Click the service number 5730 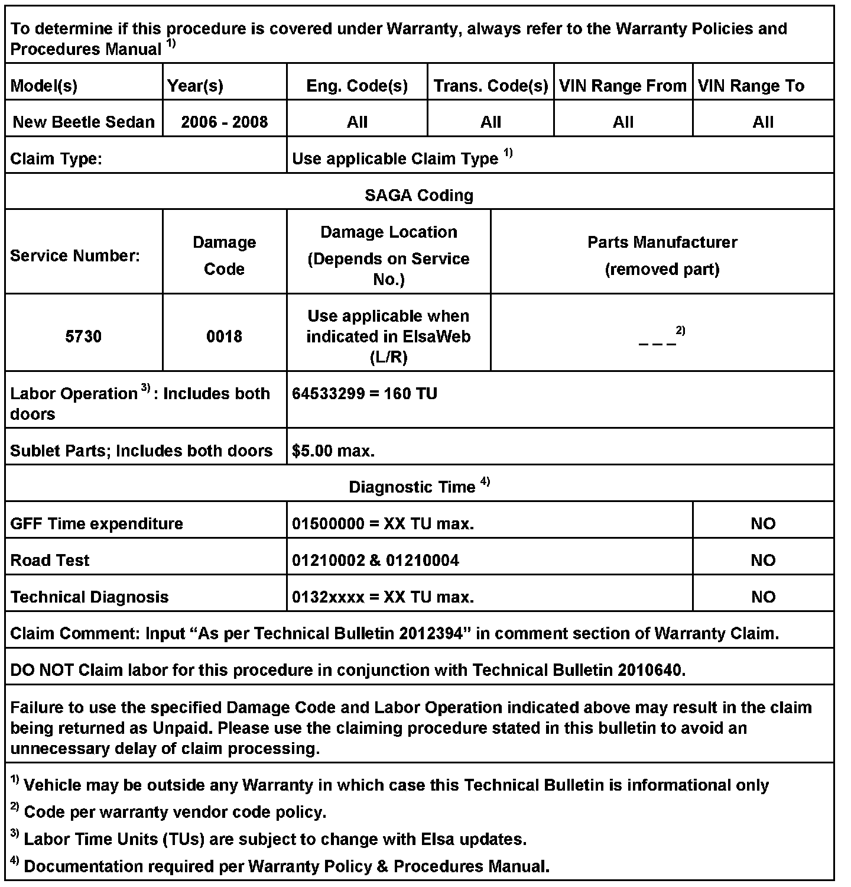(x=83, y=336)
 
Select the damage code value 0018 (x=224, y=336)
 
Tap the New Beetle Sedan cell (x=83, y=122)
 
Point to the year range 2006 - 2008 (x=224, y=122)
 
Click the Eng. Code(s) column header (x=357, y=86)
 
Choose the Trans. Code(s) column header (x=491, y=86)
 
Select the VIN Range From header (x=622, y=86)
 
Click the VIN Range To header (x=751, y=86)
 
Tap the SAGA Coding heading (x=419, y=195)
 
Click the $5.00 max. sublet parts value (x=333, y=451)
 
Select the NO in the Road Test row (x=763, y=560)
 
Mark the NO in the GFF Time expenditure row (x=763, y=523)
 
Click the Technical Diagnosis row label (x=89, y=597)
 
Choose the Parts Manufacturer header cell (x=662, y=255)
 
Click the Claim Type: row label (x=56, y=158)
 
